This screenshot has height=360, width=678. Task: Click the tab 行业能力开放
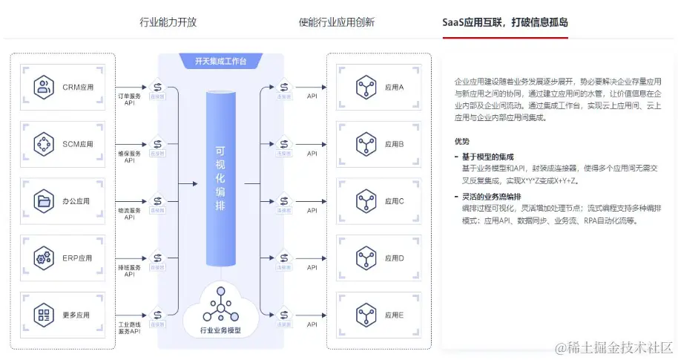pos(168,22)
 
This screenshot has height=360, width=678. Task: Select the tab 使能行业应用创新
pos(337,22)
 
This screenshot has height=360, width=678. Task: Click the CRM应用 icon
pos(45,88)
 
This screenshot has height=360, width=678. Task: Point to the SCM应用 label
pos(78,145)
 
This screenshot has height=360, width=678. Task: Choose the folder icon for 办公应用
pos(45,201)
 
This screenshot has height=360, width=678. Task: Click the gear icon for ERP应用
pos(45,258)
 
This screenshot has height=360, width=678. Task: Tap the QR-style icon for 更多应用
pos(45,315)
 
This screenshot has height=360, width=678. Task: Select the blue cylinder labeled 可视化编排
pos(220,178)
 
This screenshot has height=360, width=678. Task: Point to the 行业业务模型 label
pos(220,330)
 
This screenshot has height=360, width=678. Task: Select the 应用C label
pos(395,201)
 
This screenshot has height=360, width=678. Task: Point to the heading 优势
pos(462,141)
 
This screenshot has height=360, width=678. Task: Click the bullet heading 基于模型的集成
pos(487,157)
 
